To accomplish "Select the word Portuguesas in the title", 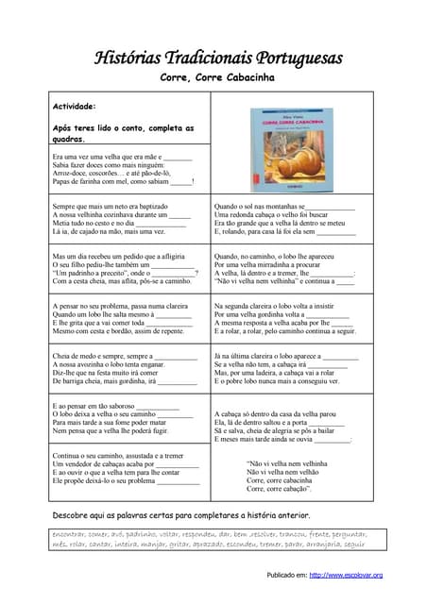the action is tap(298, 59).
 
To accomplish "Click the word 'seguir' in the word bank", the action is tap(353, 544).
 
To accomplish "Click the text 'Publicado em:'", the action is tap(286, 575).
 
